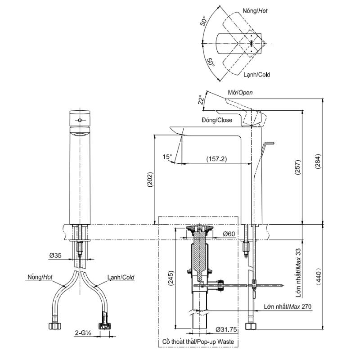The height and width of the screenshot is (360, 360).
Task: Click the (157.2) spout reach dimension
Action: (216, 159)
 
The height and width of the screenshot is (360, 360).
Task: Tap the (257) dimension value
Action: (297, 167)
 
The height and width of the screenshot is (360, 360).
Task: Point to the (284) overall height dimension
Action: (318, 162)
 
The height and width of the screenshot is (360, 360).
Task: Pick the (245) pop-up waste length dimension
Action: (171, 278)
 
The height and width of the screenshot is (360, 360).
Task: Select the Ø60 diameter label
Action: (229, 234)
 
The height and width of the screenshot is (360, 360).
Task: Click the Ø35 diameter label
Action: (55, 255)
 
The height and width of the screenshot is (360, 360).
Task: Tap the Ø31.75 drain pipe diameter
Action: (226, 329)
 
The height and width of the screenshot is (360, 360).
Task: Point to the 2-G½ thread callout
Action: (83, 333)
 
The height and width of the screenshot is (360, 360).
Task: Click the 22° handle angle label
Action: (201, 99)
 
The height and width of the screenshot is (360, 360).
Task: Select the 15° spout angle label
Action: (167, 157)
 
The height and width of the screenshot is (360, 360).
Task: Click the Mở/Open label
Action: (240, 93)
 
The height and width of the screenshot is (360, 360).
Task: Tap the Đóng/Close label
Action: (217, 120)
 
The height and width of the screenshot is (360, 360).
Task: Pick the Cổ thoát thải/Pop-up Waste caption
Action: (198, 342)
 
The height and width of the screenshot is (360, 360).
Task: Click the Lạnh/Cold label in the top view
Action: (256, 75)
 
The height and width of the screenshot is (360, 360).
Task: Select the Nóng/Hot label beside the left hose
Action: (40, 277)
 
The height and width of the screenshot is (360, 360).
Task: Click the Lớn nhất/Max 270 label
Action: (288, 306)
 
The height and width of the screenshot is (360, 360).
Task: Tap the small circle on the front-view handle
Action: (80, 120)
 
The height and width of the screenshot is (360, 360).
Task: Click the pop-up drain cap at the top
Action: (200, 228)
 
